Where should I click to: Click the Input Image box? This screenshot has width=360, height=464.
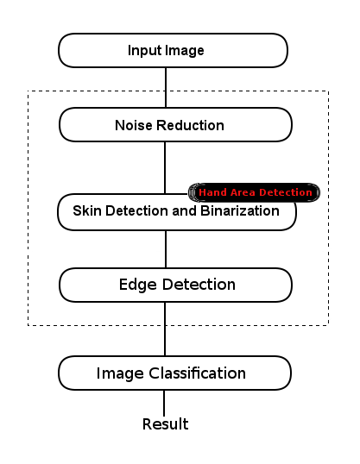[x=172, y=50]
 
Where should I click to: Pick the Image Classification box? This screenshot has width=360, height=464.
[x=174, y=373]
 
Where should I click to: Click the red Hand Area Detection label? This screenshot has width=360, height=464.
[x=255, y=192]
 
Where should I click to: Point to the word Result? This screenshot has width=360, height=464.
[x=165, y=424]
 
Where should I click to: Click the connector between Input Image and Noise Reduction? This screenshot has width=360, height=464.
[x=165, y=86]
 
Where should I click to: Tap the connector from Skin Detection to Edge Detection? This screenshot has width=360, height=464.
[x=165, y=249]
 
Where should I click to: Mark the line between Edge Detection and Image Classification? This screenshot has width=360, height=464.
[x=165, y=329]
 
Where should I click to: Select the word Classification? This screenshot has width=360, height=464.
[x=203, y=373]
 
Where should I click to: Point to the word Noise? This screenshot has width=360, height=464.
[x=132, y=125]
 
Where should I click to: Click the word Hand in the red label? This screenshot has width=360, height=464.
[x=212, y=192]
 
